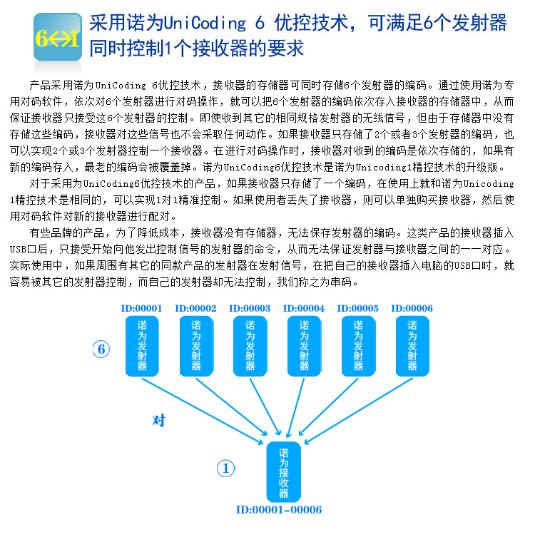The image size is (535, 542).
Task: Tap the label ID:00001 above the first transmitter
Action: click(x=142, y=309)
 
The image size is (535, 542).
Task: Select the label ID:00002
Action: click(x=196, y=309)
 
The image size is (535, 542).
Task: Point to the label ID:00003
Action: click(x=250, y=309)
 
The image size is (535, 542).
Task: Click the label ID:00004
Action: click(x=304, y=309)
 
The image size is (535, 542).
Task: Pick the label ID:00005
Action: click(x=358, y=309)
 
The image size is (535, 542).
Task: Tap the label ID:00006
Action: click(x=412, y=309)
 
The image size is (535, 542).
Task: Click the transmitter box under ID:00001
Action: click(x=142, y=346)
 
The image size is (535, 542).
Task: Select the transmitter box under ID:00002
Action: click(x=196, y=346)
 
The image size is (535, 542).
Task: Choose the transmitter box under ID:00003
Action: click(x=250, y=346)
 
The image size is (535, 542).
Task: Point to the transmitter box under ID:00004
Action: click(x=305, y=346)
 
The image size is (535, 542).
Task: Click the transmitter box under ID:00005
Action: click(x=358, y=346)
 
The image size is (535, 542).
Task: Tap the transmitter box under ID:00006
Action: click(x=412, y=346)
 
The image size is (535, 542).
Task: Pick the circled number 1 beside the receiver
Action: click(x=225, y=469)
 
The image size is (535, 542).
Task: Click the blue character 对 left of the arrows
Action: click(x=159, y=421)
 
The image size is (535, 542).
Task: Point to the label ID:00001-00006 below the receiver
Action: click(x=279, y=510)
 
